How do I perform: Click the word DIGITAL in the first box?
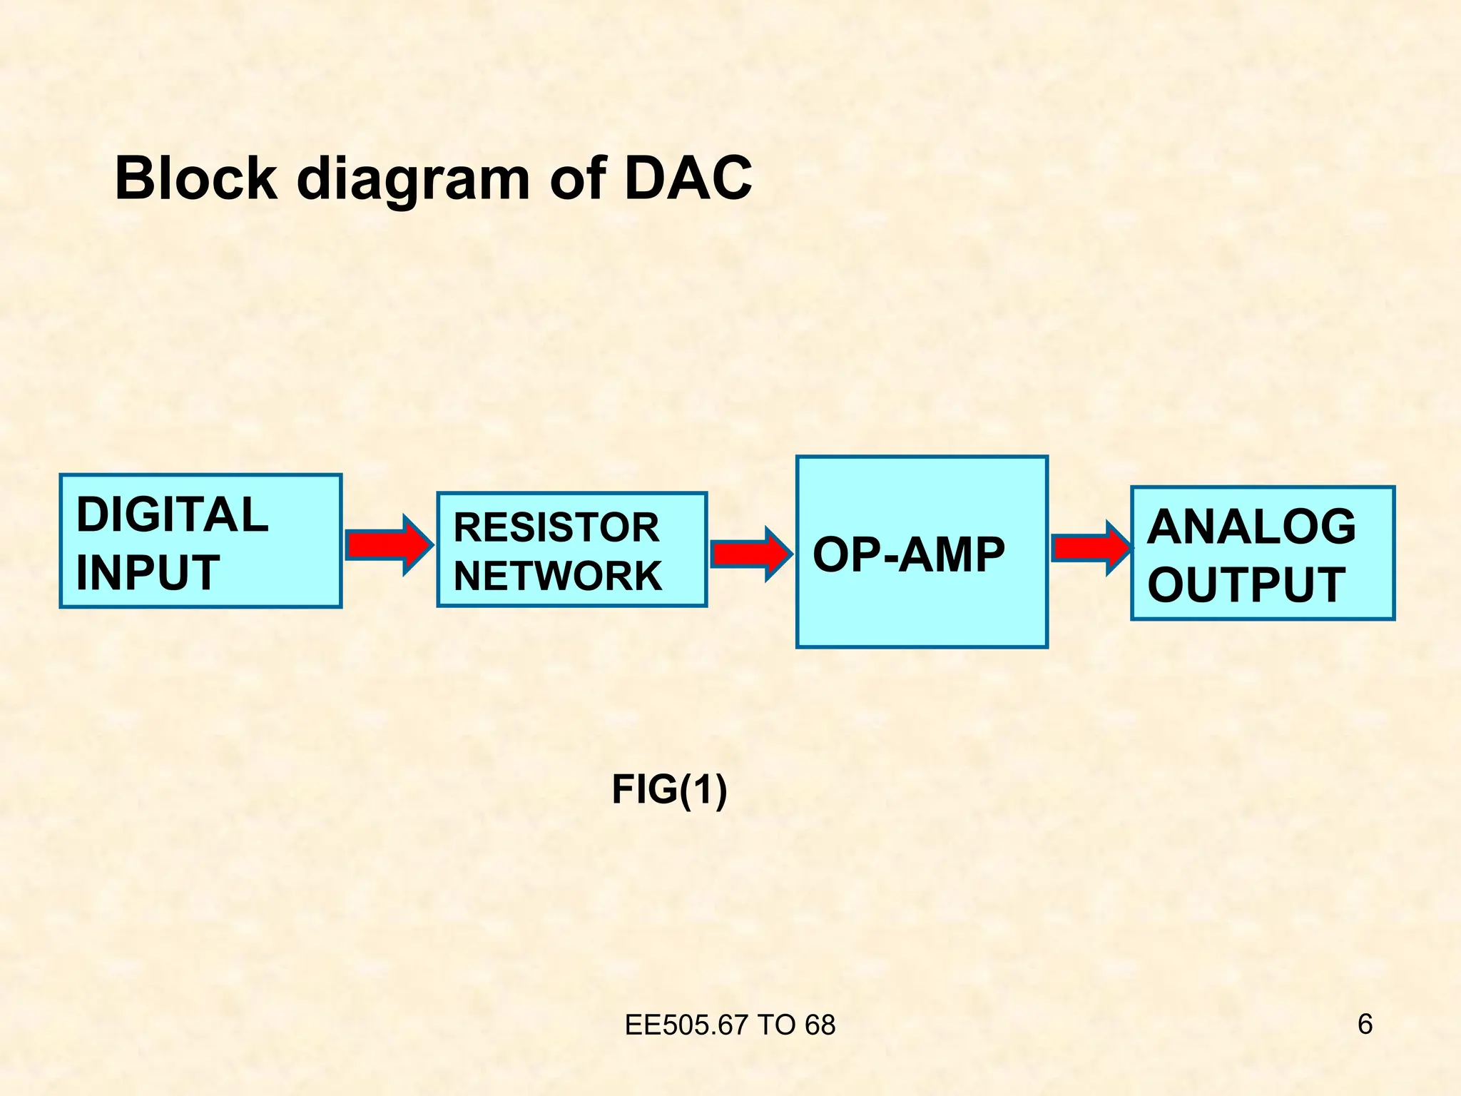[x=172, y=515]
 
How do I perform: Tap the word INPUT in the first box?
[x=148, y=573]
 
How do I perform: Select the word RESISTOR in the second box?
[x=556, y=528]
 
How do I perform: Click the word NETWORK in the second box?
[x=558, y=576]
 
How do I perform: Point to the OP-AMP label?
[x=908, y=555]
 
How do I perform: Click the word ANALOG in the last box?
[x=1251, y=527]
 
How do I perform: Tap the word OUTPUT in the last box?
[x=1246, y=585]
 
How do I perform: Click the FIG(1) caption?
[x=669, y=790]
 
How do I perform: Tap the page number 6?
[x=1364, y=1025]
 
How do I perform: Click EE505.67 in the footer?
[x=687, y=1025]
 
